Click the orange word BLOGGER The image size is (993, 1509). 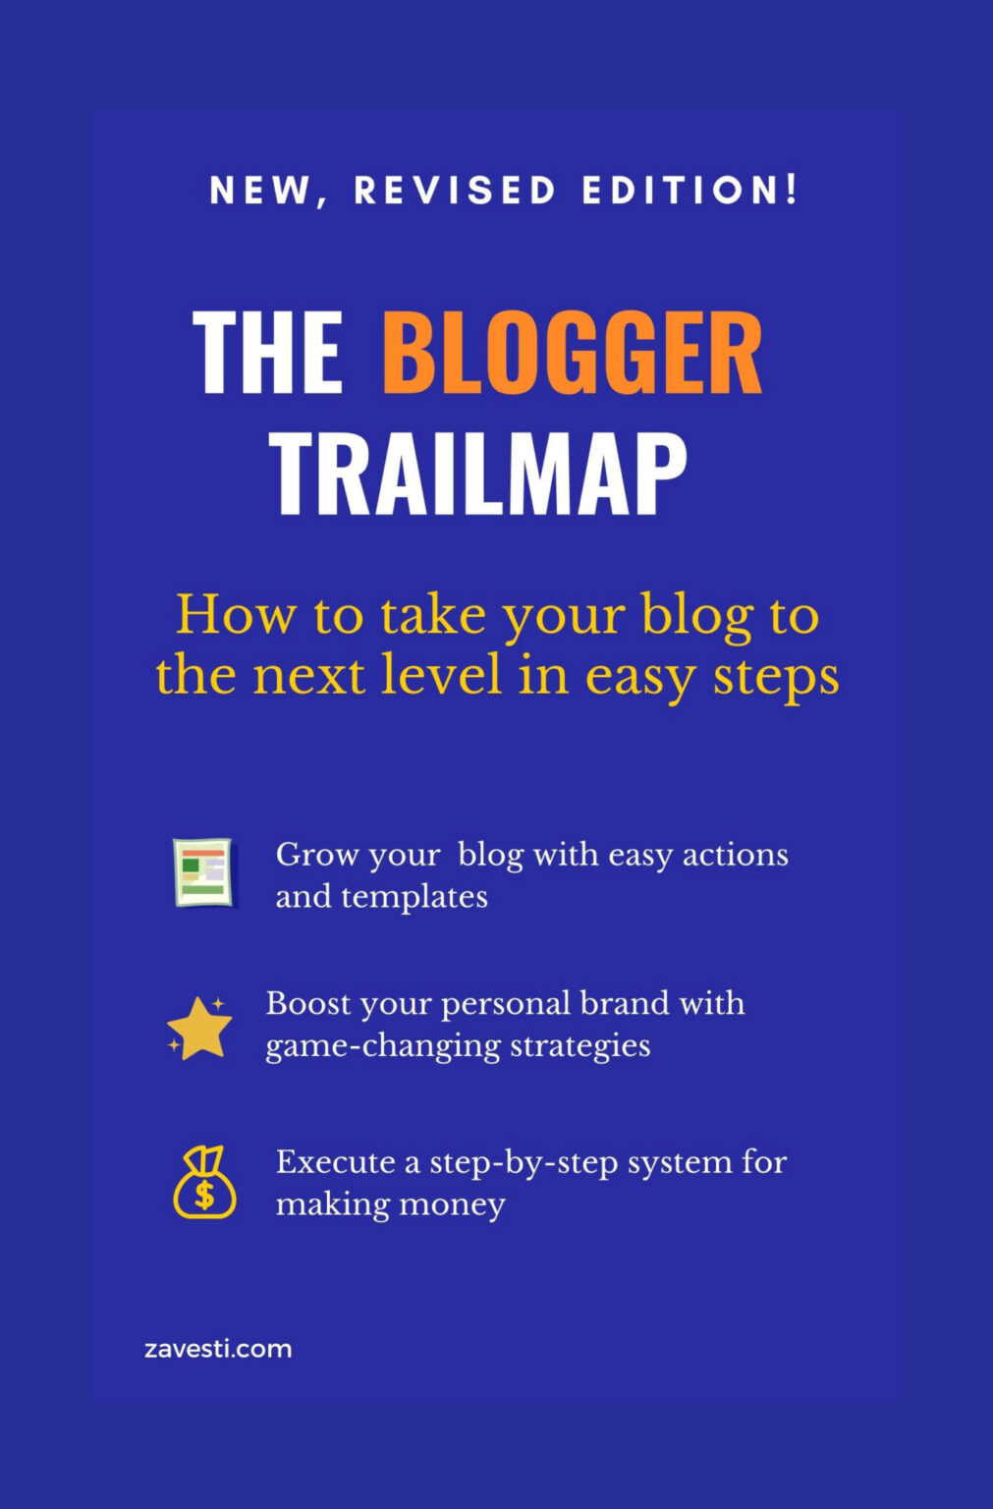572,353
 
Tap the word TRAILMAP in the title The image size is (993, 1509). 478,475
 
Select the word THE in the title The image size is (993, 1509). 267,353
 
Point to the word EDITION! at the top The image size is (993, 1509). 690,191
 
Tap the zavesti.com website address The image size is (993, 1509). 218,1349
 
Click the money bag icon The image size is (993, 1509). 204,1183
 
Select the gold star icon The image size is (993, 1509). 200,1028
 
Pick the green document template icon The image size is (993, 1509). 203,871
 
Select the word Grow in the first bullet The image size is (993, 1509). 316,855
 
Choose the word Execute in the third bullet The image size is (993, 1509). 335,1162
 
